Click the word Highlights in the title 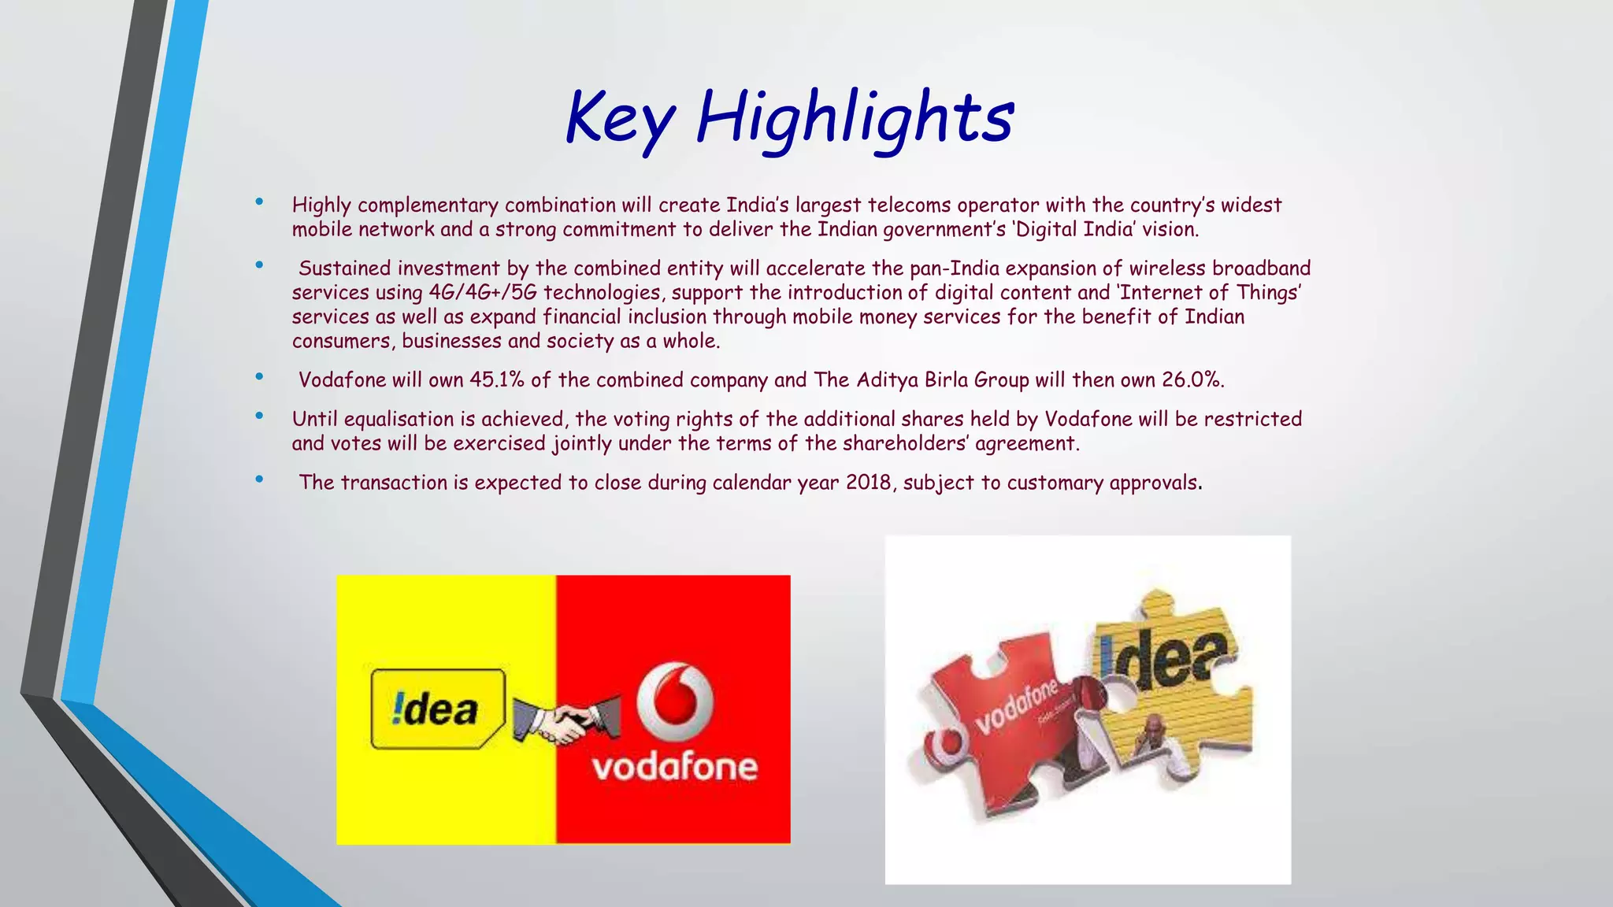point(855,118)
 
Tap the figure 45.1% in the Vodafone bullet point(496,380)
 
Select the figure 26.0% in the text point(1192,380)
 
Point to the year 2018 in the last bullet point(869,483)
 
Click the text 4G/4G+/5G point(482,293)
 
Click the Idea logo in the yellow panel point(438,709)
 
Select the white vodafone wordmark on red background point(675,767)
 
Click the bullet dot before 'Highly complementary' point(259,202)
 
